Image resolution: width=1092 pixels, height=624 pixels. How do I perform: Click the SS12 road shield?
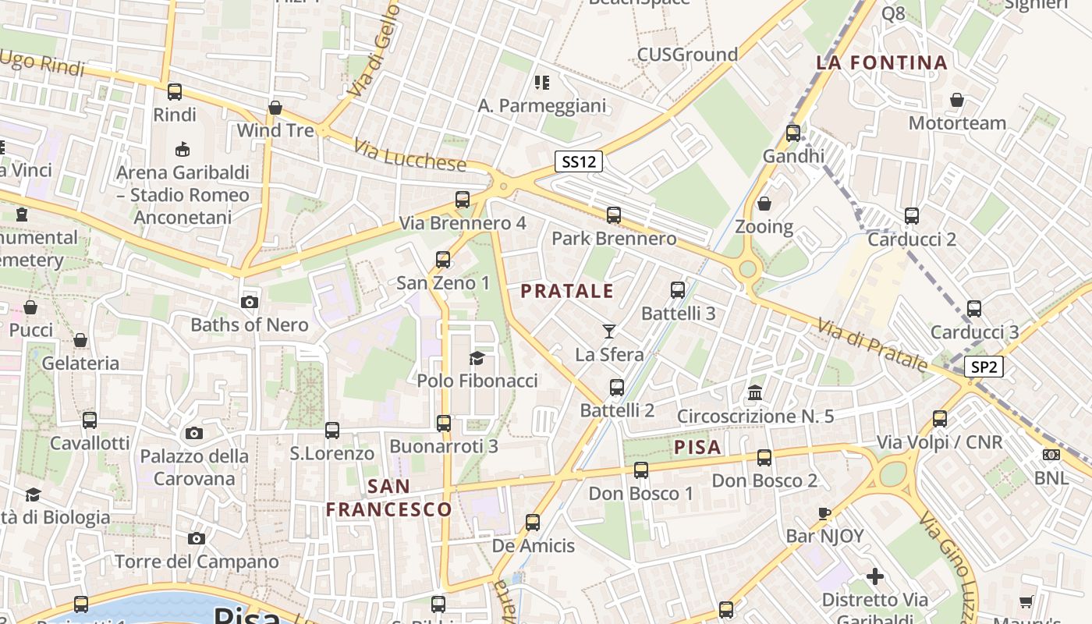pyautogui.click(x=579, y=161)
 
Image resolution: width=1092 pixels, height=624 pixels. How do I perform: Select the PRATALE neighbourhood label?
pyautogui.click(x=567, y=292)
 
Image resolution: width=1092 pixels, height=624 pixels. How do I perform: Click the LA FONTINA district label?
pyautogui.click(x=881, y=62)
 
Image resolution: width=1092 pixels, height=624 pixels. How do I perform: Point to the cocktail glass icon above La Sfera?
pyautogui.click(x=609, y=331)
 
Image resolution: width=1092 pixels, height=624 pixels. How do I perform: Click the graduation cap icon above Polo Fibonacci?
pyautogui.click(x=477, y=358)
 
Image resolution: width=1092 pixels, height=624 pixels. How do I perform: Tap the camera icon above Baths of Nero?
pyautogui.click(x=250, y=302)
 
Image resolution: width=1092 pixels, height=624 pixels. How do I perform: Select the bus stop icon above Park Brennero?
pyautogui.click(x=614, y=215)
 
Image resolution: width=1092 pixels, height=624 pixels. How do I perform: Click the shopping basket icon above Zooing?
pyautogui.click(x=764, y=204)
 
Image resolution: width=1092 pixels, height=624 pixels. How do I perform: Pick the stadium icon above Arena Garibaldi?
pyautogui.click(x=183, y=149)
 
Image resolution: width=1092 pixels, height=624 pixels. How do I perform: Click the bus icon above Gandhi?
pyautogui.click(x=793, y=133)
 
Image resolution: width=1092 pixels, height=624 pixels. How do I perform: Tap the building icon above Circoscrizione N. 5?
pyautogui.click(x=755, y=392)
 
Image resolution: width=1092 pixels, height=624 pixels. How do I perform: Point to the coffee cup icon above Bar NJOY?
pyautogui.click(x=824, y=512)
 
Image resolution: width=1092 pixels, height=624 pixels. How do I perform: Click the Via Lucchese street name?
pyautogui.click(x=409, y=155)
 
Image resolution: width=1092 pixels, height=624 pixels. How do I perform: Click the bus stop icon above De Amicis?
pyautogui.click(x=533, y=523)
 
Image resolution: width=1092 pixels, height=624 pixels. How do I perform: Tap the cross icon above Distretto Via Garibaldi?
pyautogui.click(x=875, y=576)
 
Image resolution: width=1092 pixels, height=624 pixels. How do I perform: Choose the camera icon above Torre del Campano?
pyautogui.click(x=197, y=538)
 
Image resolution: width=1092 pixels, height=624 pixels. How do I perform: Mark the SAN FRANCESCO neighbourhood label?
pyautogui.click(x=388, y=498)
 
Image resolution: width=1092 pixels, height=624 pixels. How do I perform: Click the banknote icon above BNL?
pyautogui.click(x=1051, y=455)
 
